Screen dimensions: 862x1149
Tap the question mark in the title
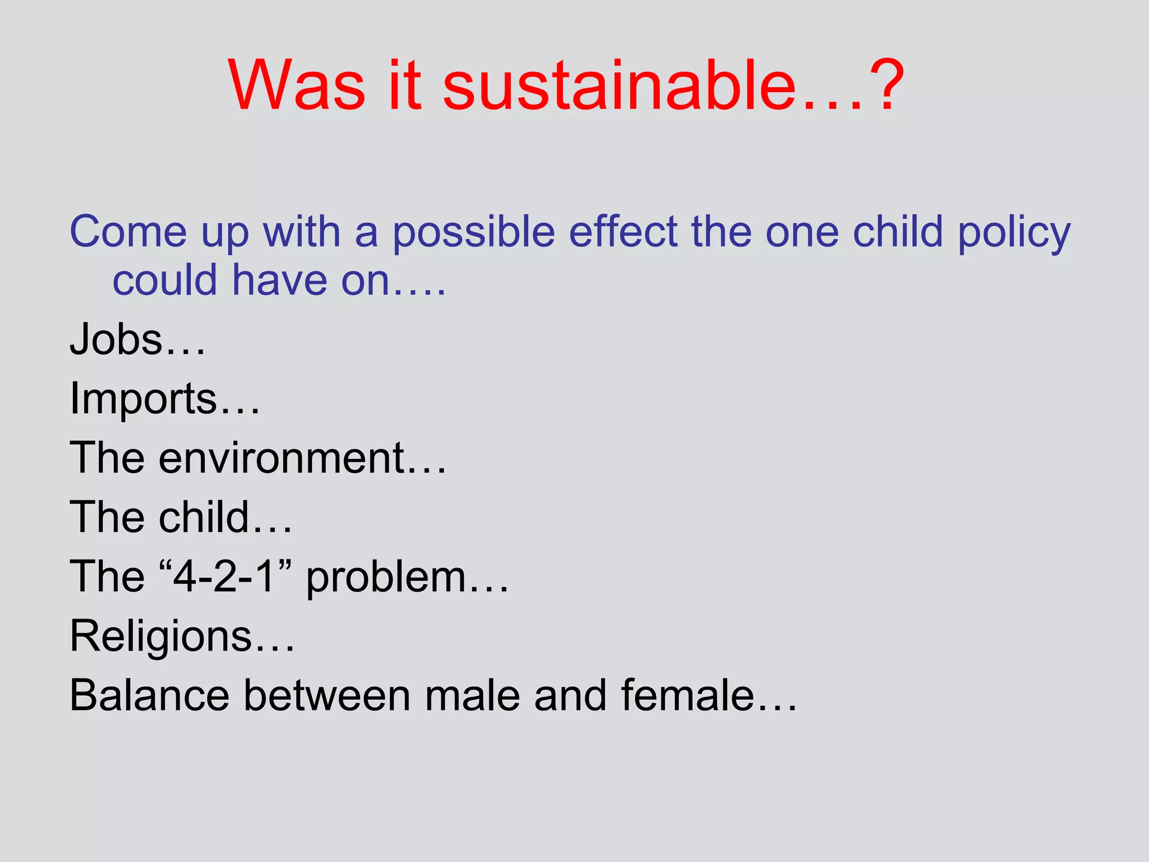(x=884, y=85)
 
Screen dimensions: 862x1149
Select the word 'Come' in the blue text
(x=128, y=232)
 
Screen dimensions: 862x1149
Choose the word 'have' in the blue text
(x=279, y=280)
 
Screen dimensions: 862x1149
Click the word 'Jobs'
(x=116, y=340)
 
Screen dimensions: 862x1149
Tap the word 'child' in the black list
(x=204, y=517)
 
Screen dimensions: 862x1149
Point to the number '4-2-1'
(x=224, y=576)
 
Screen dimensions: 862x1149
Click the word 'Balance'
(x=149, y=696)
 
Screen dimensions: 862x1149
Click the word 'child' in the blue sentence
(x=898, y=232)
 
